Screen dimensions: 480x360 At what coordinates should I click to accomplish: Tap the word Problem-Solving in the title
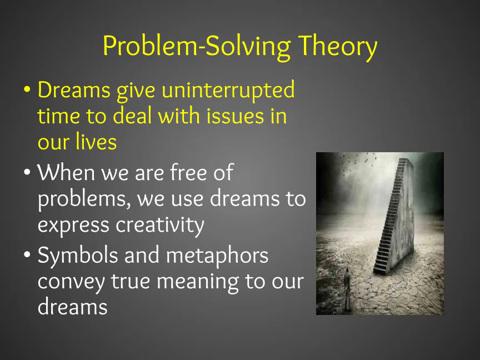(x=197, y=47)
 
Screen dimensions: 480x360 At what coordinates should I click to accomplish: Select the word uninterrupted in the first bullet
(x=228, y=91)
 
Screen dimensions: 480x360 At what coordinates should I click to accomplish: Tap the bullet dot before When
(x=27, y=172)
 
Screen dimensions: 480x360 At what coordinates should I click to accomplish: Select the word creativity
(x=159, y=226)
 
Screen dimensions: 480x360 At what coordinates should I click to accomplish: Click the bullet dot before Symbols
(x=27, y=254)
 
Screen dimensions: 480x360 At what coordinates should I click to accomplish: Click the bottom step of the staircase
(x=380, y=271)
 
